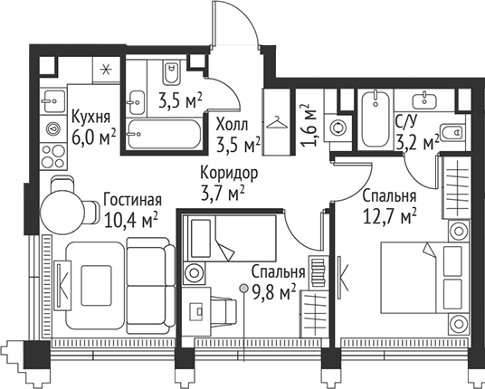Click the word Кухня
pyautogui.click(x=90, y=118)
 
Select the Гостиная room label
pyautogui.click(x=131, y=200)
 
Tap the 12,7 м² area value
pyautogui.click(x=389, y=215)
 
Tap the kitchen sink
pyautogui.click(x=52, y=106)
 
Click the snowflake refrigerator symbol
pyautogui.click(x=104, y=69)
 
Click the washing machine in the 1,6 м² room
pyautogui.click(x=339, y=128)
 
